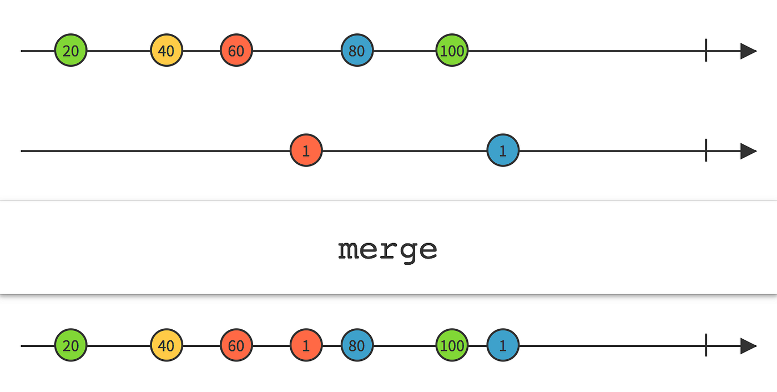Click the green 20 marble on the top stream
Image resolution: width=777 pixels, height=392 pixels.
(x=70, y=51)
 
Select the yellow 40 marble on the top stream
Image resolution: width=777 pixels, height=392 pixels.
(x=167, y=51)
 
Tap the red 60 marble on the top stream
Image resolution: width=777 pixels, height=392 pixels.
(x=236, y=51)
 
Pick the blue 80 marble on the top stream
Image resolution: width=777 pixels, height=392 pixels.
(x=357, y=51)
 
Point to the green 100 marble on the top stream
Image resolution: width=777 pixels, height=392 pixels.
(x=452, y=51)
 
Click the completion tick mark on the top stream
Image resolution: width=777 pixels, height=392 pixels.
(x=705, y=51)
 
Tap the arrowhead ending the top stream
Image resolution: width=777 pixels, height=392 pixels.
(x=748, y=51)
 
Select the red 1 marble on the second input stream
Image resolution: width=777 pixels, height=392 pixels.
(x=306, y=150)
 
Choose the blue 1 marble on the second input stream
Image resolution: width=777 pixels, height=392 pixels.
(x=503, y=150)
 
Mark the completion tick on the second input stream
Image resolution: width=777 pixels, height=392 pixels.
(x=705, y=150)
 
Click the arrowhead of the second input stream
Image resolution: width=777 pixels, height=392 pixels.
(x=748, y=150)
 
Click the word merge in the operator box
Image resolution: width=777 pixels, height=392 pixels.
(x=387, y=250)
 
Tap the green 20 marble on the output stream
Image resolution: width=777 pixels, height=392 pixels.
(x=70, y=346)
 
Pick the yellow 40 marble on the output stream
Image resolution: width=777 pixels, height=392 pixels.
(x=167, y=346)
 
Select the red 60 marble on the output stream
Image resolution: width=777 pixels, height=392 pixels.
(x=236, y=346)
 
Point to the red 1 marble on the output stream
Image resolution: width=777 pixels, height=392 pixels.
(x=306, y=346)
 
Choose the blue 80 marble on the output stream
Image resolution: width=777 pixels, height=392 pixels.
(x=357, y=346)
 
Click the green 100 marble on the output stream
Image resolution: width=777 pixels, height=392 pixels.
(x=452, y=346)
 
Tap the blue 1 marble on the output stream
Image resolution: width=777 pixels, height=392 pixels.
(x=503, y=346)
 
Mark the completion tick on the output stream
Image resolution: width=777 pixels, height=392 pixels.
(x=705, y=346)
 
